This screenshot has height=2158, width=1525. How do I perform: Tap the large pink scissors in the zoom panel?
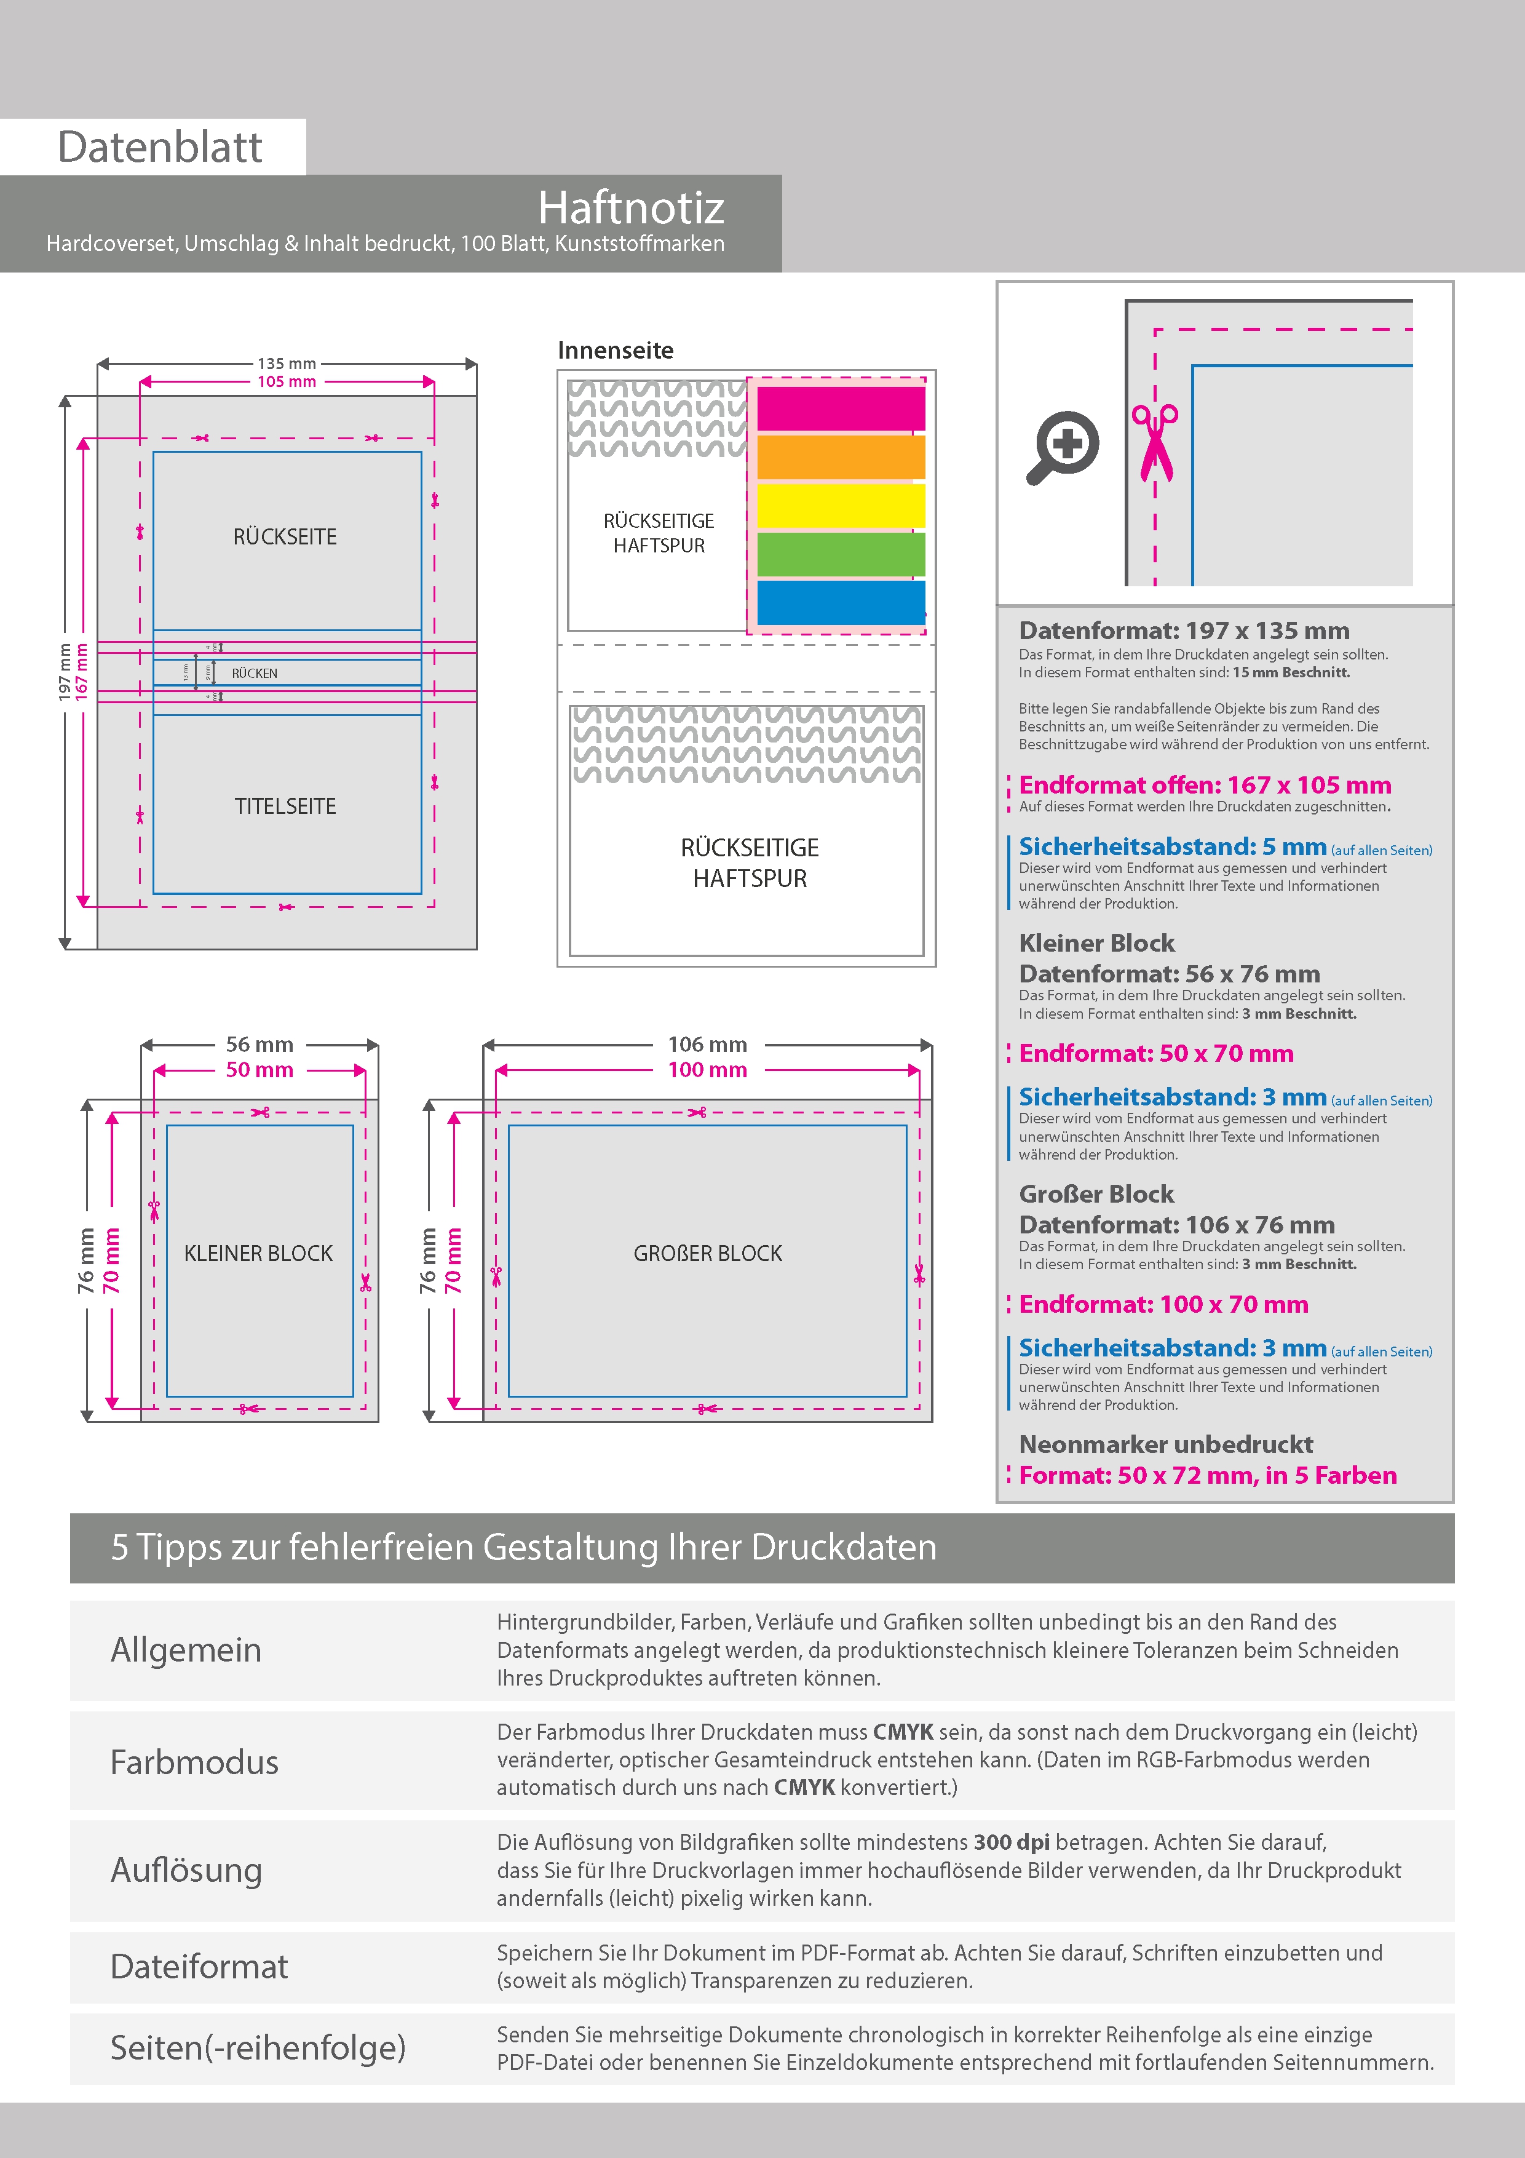[x=1155, y=442]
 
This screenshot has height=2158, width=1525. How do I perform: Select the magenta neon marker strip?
[x=841, y=409]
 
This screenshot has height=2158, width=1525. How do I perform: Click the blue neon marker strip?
[x=841, y=602]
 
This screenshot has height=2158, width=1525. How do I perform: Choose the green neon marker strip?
[x=841, y=554]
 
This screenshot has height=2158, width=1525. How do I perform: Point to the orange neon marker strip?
[x=841, y=457]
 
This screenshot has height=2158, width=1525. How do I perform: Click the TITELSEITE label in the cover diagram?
[x=286, y=806]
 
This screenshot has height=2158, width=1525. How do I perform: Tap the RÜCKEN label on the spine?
[x=255, y=673]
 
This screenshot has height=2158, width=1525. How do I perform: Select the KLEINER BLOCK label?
[x=258, y=1254]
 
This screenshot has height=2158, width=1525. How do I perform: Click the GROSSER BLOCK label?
[x=708, y=1254]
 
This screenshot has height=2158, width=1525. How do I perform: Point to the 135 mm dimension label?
[x=287, y=364]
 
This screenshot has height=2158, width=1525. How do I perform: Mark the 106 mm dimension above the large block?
[x=708, y=1044]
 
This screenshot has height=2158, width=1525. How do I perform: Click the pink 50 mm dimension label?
[x=259, y=1070]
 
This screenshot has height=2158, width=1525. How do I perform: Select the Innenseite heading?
[x=616, y=351]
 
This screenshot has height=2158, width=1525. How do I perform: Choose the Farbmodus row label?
[x=194, y=1762]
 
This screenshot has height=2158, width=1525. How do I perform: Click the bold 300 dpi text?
[x=1012, y=1842]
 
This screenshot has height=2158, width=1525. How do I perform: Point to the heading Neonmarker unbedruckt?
[x=1166, y=1444]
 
